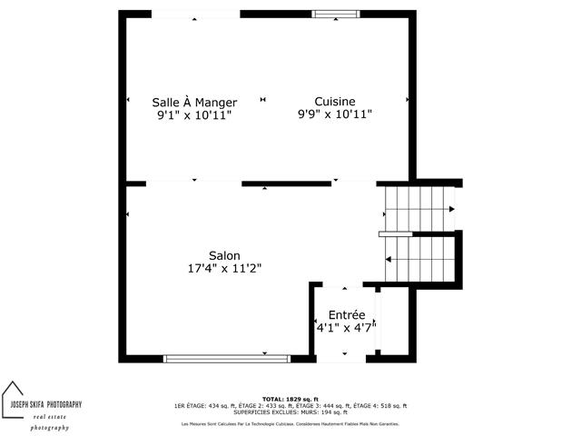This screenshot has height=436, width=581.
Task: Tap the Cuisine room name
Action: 334,102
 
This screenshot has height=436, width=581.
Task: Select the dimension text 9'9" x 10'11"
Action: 335,114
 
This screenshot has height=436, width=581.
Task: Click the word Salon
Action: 224,255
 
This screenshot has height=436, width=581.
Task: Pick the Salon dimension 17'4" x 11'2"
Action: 224,268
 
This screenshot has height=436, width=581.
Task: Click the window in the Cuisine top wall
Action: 335,14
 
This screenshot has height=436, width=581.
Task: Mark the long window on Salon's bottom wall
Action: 227,359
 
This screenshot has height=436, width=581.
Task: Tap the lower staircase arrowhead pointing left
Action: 389,260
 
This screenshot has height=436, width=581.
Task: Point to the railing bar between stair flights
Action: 396,234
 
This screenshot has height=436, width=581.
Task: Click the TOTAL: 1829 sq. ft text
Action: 290,400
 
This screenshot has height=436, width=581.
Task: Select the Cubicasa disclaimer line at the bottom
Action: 290,423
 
